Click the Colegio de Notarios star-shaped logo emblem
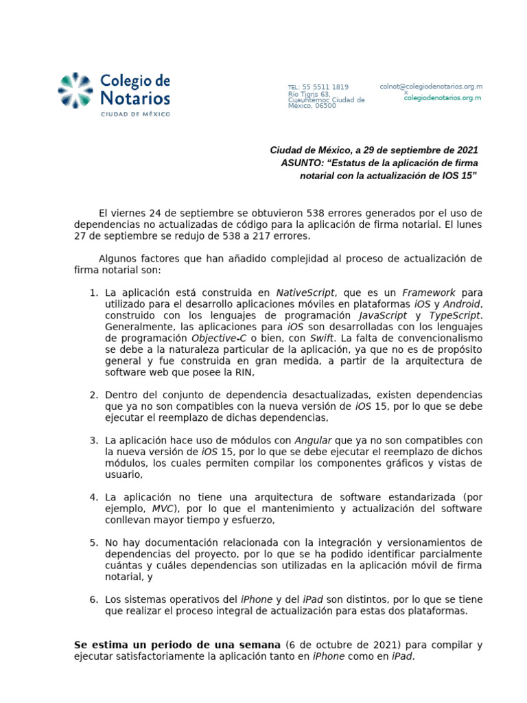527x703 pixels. pos(75,91)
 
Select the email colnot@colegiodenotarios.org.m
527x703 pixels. pos(431,87)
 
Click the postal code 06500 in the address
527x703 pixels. pos(325,106)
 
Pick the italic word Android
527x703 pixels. pos(462,304)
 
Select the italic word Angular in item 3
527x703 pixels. pos(313,440)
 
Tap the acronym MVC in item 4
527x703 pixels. pos(163,508)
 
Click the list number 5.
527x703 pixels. pos(94,542)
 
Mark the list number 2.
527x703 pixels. pos(94,395)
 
